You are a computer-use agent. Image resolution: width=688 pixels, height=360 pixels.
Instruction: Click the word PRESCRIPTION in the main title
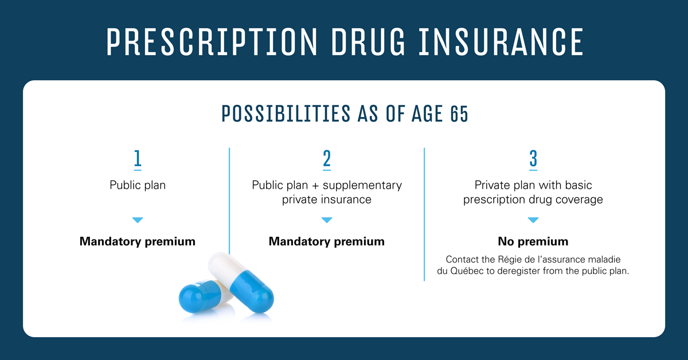tap(212, 42)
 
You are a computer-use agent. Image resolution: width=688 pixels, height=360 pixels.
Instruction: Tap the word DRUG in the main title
tap(368, 42)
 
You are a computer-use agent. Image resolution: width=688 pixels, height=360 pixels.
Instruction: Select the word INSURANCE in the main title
tap(501, 42)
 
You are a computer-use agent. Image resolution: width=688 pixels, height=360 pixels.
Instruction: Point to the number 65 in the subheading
tap(459, 114)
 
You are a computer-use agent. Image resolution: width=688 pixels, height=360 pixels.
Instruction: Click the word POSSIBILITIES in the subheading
tap(286, 114)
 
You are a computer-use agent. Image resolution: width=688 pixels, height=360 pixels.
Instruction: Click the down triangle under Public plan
tap(138, 220)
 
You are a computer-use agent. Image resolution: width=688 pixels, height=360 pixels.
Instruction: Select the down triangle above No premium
tap(533, 220)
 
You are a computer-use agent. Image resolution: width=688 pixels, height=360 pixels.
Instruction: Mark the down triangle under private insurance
tap(327, 220)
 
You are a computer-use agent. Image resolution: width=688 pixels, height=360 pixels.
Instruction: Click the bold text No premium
tap(533, 241)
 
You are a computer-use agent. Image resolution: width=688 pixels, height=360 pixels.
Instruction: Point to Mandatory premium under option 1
tap(138, 241)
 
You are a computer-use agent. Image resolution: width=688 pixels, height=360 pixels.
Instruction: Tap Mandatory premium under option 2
tap(327, 241)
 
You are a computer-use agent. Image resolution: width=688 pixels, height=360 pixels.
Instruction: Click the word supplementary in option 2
tap(362, 186)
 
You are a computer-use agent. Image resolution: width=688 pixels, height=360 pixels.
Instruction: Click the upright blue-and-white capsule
tap(241, 282)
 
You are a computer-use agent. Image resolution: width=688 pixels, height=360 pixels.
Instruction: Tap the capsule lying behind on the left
tap(204, 296)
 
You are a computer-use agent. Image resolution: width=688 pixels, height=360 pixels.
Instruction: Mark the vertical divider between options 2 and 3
tap(424, 214)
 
